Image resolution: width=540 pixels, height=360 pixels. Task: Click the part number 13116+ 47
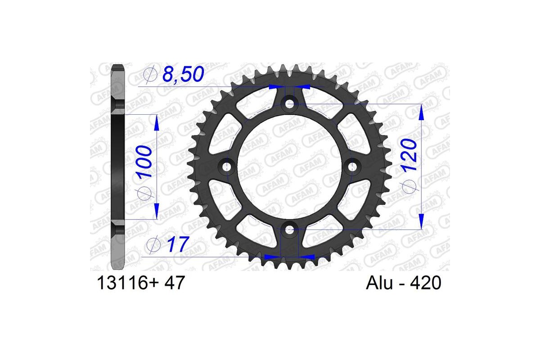(139, 284)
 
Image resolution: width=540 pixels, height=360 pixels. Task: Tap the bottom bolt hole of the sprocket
(289, 230)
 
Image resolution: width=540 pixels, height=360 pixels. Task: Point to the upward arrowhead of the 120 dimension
(421, 112)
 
